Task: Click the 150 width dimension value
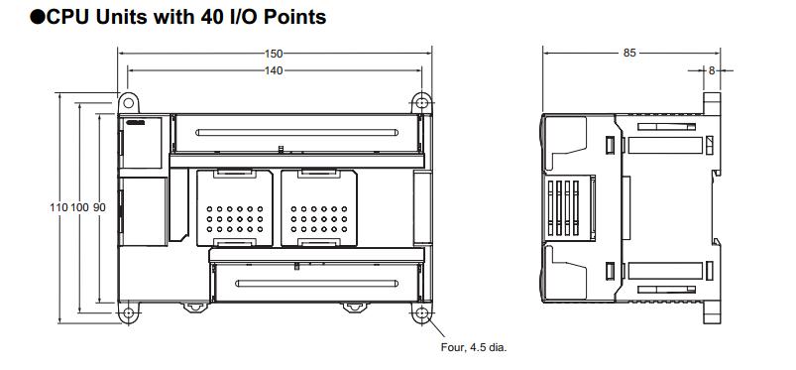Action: (x=274, y=54)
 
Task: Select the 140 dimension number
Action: (x=274, y=71)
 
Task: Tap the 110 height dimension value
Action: (x=58, y=207)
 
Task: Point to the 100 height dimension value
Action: (x=79, y=207)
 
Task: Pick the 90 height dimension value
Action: (x=99, y=207)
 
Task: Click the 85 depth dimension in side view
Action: (x=629, y=53)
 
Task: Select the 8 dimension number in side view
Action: (x=711, y=71)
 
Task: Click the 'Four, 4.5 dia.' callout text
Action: (x=474, y=348)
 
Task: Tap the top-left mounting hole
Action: (x=129, y=103)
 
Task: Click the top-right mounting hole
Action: (x=421, y=103)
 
